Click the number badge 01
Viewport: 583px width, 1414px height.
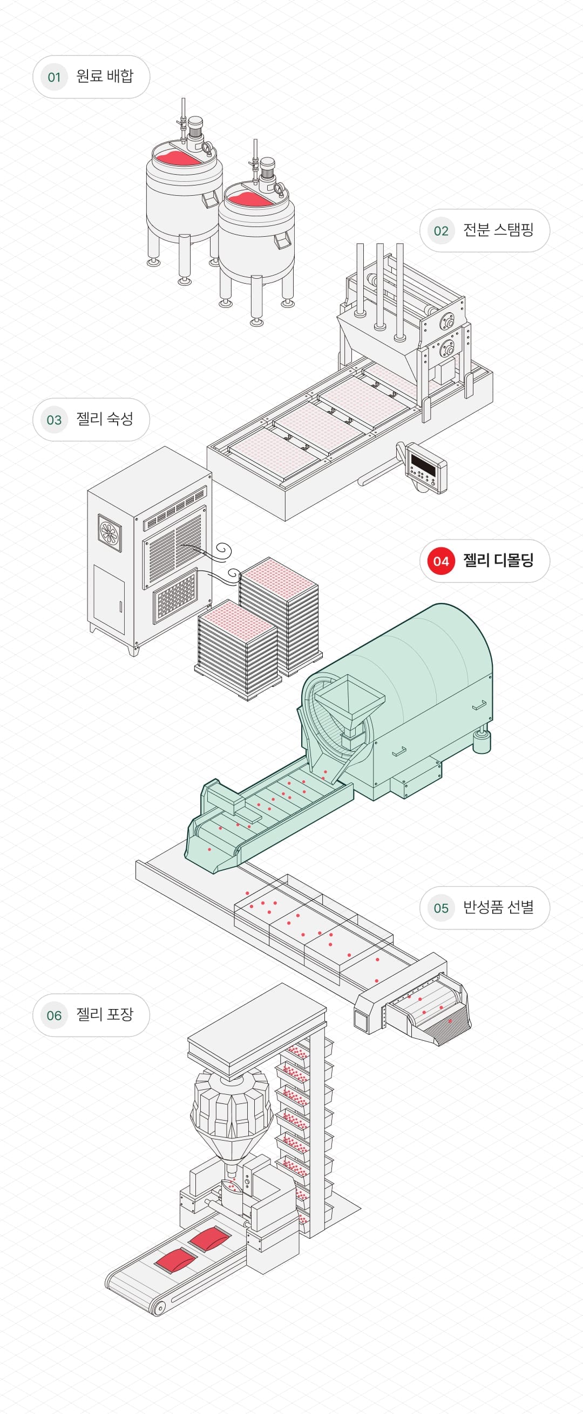pos(54,77)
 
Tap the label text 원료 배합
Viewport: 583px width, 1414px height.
pos(104,76)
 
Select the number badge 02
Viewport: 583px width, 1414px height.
pos(440,231)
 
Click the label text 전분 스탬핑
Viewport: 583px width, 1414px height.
pos(498,230)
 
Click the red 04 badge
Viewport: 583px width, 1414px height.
pos(440,561)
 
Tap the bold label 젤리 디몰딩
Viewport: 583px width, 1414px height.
pos(498,560)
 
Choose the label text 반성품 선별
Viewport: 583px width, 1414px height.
pos(498,908)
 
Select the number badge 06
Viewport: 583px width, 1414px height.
pos(54,1015)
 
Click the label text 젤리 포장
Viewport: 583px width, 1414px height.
pos(104,1014)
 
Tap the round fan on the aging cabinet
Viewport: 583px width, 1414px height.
pos(111,532)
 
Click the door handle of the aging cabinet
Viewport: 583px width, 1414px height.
pos(120,606)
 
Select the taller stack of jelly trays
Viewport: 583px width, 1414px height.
pos(279,615)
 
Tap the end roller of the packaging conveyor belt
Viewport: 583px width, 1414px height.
pos(159,1309)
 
